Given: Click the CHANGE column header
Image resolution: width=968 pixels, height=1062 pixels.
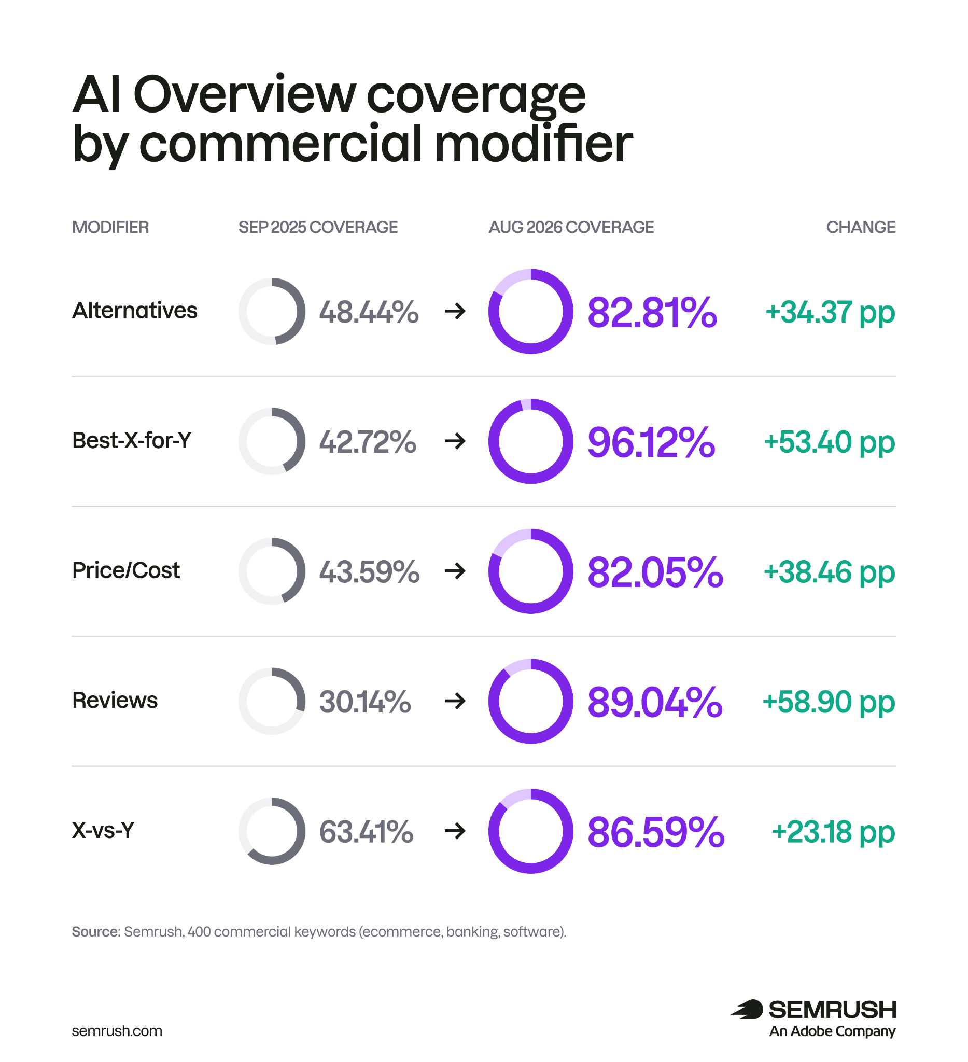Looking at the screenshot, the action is coord(860,227).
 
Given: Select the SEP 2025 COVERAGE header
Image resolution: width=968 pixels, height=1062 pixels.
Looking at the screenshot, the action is coord(318,227).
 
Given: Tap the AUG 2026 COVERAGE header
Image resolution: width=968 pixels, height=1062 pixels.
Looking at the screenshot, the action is coord(571,227).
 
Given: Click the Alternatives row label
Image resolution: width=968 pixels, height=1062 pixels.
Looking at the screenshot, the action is coord(135,311).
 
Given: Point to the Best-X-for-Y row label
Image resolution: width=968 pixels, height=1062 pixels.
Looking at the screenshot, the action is coord(132,440).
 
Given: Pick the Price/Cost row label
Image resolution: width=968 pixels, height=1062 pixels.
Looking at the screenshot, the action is coord(126,570).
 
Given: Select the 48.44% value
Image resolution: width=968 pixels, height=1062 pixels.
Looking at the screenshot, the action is coord(369,312).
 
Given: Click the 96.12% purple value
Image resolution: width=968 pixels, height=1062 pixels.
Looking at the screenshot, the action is coord(651,442).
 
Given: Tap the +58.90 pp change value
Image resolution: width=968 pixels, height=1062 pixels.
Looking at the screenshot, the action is coord(829,702).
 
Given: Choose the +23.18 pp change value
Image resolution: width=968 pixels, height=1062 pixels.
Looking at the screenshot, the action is coord(833,832).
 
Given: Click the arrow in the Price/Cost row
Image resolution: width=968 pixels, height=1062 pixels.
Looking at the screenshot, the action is coord(455,571).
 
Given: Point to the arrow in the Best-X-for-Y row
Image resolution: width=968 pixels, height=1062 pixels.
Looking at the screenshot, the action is coord(455,441).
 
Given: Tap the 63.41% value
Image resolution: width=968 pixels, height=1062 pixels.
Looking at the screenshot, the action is coord(366,832).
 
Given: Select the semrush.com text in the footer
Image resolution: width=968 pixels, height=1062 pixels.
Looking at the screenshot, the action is coord(117,1031).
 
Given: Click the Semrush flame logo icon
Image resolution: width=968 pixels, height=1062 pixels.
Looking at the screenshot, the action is coord(747,1009).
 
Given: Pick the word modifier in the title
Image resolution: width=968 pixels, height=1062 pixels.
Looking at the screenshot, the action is coord(533,144).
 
